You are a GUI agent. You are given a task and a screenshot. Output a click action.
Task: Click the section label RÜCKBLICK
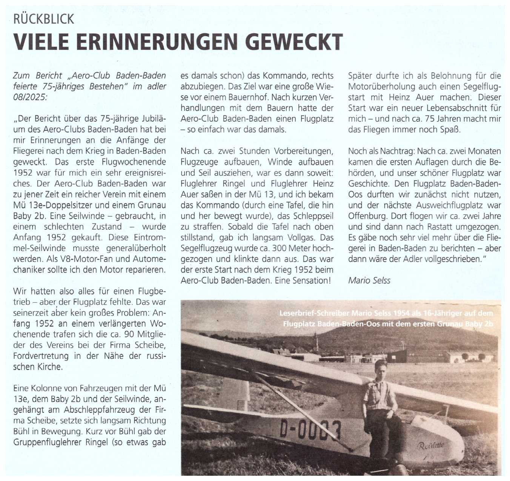tap(44, 19)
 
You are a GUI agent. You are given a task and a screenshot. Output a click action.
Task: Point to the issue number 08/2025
tap(30, 97)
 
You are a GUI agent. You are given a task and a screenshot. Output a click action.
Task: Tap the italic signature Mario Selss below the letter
tap(369, 280)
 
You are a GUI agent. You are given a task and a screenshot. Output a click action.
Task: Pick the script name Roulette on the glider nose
tap(431, 446)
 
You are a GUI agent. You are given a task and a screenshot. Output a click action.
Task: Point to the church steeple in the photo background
tap(317, 341)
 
